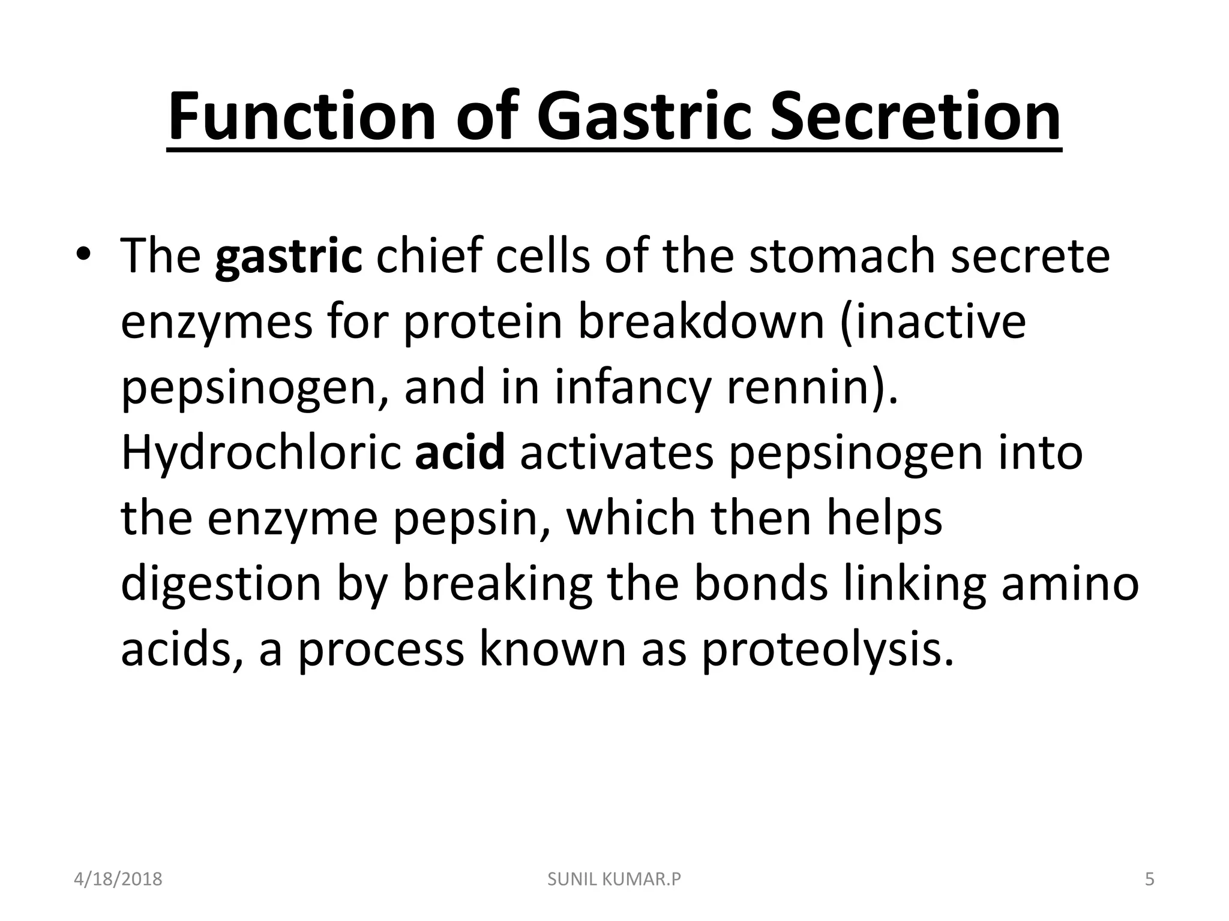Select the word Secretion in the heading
(x=916, y=116)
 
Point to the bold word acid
(x=460, y=453)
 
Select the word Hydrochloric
(x=260, y=453)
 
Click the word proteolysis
(x=827, y=650)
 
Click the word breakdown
(x=701, y=322)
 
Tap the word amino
(x=1069, y=584)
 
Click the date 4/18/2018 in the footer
(x=118, y=879)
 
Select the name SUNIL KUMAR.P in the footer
(x=614, y=879)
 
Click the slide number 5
(x=1149, y=879)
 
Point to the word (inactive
(x=933, y=322)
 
